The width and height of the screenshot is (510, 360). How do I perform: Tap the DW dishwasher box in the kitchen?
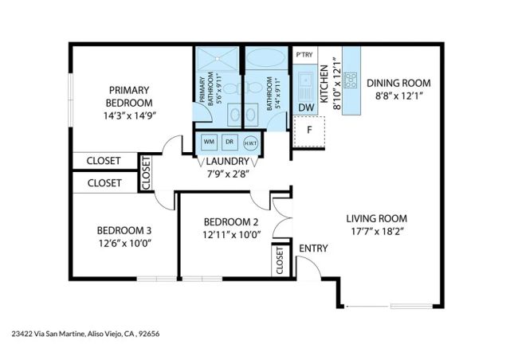coord(306,108)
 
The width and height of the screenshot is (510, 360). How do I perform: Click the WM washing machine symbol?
coord(210,142)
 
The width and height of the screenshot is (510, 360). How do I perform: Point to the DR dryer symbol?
coord(229,142)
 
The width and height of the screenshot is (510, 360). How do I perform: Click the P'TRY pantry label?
coord(304,55)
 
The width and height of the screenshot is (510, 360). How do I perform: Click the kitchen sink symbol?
coord(306,80)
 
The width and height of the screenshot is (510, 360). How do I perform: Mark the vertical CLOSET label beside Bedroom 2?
coord(280,260)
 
